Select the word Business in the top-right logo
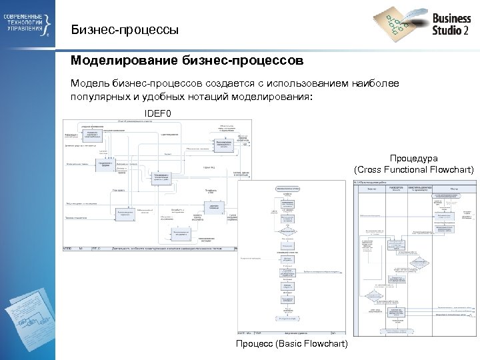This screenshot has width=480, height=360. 451,19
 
